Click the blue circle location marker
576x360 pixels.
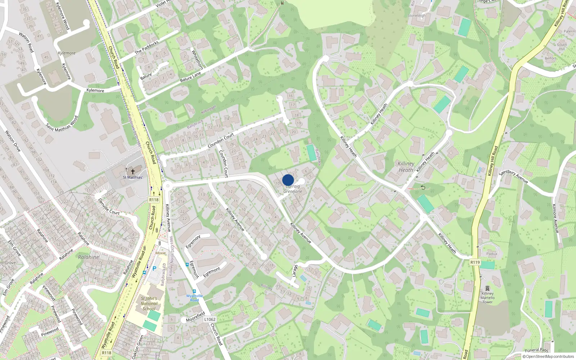[x=288, y=180]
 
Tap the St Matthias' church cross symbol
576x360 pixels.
[x=133, y=172]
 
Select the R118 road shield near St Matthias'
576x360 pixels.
[x=154, y=200]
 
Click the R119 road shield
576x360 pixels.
[x=475, y=262]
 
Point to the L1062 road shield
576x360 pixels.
[x=210, y=319]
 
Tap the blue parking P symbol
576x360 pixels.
[x=154, y=269]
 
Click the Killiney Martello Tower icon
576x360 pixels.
[x=487, y=289]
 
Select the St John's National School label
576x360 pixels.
[x=149, y=303]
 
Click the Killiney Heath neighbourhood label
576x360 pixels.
[x=406, y=167]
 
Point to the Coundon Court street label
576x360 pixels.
[x=221, y=140]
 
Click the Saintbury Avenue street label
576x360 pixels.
[x=514, y=176]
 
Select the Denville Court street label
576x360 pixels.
[x=109, y=206]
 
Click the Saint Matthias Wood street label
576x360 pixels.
[x=62, y=123]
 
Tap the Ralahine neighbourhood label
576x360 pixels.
[x=89, y=257]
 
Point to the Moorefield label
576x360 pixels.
[x=195, y=317]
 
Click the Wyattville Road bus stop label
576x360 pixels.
[x=194, y=298]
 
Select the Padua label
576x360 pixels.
[x=492, y=254]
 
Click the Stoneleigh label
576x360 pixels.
[x=417, y=15]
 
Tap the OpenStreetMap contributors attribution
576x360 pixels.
[x=548, y=356]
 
